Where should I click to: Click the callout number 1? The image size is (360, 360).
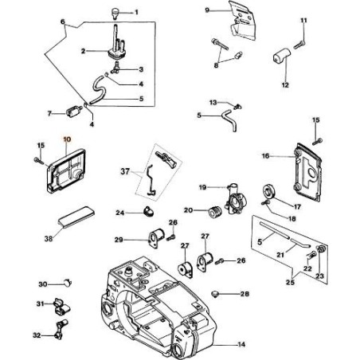[136, 14]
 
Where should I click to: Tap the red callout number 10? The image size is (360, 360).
[67, 137]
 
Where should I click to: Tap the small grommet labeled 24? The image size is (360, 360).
[147, 211]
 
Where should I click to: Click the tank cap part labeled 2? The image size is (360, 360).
[117, 51]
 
